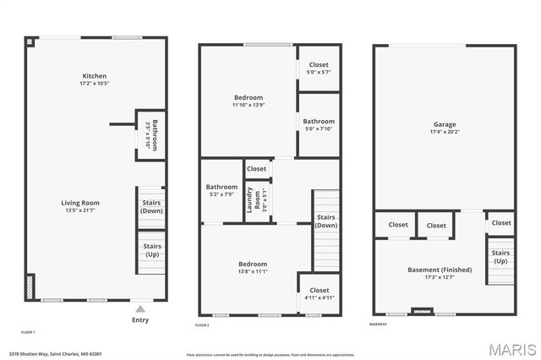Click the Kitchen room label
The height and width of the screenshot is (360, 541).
pyautogui.click(x=94, y=76)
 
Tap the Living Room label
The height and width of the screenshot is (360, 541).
pyautogui.click(x=80, y=203)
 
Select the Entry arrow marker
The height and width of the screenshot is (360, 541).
pyautogui.click(x=140, y=308)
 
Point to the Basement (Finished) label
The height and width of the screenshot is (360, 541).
pyautogui.click(x=440, y=270)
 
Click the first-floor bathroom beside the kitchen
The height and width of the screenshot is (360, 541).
pyautogui.click(x=151, y=135)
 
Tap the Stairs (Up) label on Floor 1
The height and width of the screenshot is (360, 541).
pyautogui.click(x=152, y=250)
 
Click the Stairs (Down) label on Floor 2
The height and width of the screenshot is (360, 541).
pyautogui.click(x=326, y=221)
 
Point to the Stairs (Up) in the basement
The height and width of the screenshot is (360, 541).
pyautogui.click(x=500, y=256)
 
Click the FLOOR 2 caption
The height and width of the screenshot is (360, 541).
pyautogui.click(x=202, y=325)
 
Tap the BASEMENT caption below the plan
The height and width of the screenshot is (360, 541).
pyautogui.click(x=379, y=325)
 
